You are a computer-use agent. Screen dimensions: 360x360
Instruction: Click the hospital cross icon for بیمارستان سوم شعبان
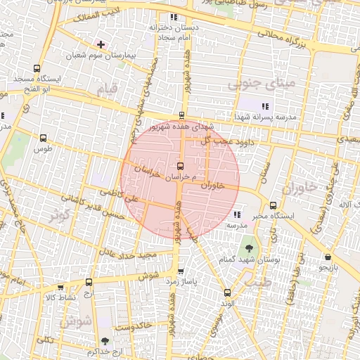pos(101,44)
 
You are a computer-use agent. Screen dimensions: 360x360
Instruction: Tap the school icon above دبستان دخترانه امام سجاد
pos(173,17)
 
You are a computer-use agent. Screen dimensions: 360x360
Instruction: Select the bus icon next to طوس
pos(44,139)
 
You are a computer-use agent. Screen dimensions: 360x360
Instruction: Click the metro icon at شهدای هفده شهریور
pos(182,116)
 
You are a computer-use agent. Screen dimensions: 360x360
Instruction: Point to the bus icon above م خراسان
pos(182,167)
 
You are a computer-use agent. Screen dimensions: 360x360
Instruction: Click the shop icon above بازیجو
pos(328,257)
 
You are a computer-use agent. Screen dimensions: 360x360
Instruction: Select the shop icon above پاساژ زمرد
pos(181,271)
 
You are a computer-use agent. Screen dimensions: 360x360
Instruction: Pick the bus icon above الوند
pos(226,292)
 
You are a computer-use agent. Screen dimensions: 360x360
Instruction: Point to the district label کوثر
pos(59,214)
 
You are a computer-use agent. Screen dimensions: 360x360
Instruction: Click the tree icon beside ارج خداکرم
pos(105,341)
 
